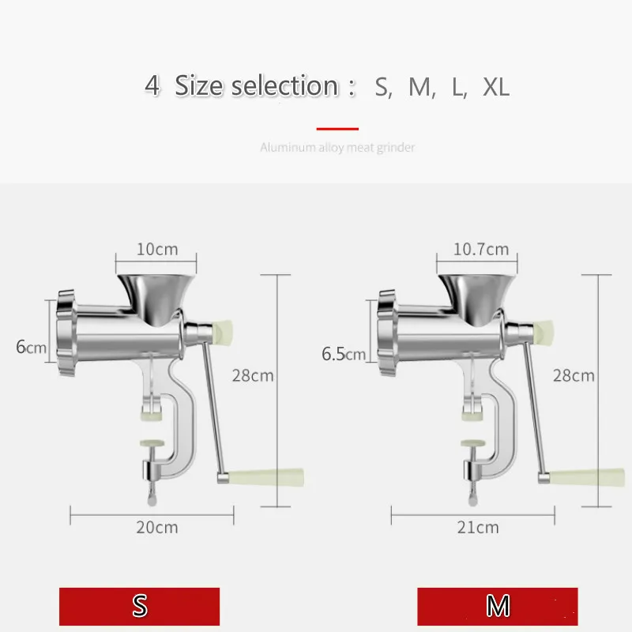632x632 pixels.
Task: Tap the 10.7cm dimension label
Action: pos(480,250)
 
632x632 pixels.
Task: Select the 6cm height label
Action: pos(32,347)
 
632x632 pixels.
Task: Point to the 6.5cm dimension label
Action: pos(344,353)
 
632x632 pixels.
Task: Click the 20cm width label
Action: pos(156,527)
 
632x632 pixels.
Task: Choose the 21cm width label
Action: pos(478,527)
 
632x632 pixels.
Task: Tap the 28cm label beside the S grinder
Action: pos(253,375)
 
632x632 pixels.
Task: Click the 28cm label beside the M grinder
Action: pos(573,375)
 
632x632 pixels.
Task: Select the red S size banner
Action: pos(140,606)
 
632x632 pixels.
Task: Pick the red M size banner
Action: pos(498,606)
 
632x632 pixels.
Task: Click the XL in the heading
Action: pos(496,87)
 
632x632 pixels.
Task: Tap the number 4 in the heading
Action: pos(152,85)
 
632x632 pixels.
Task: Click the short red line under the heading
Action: pos(337,128)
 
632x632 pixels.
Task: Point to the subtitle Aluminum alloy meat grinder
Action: pos(337,147)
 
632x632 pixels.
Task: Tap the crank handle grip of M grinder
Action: pos(589,476)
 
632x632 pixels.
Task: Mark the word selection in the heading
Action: pos(284,86)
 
